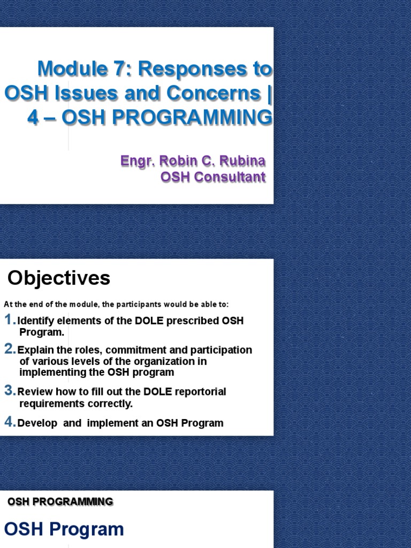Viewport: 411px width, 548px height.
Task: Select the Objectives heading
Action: point(59,278)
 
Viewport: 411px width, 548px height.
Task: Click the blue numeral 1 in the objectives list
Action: point(10,320)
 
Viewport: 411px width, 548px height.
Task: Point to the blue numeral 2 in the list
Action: point(10,349)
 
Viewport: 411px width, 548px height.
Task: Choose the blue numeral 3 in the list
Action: point(10,391)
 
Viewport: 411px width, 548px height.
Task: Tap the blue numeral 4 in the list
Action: point(10,422)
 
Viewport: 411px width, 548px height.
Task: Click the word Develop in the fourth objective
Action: point(37,423)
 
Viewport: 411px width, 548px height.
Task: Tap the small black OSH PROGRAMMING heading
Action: point(60,501)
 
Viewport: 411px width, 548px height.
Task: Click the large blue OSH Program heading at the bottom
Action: point(64,529)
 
